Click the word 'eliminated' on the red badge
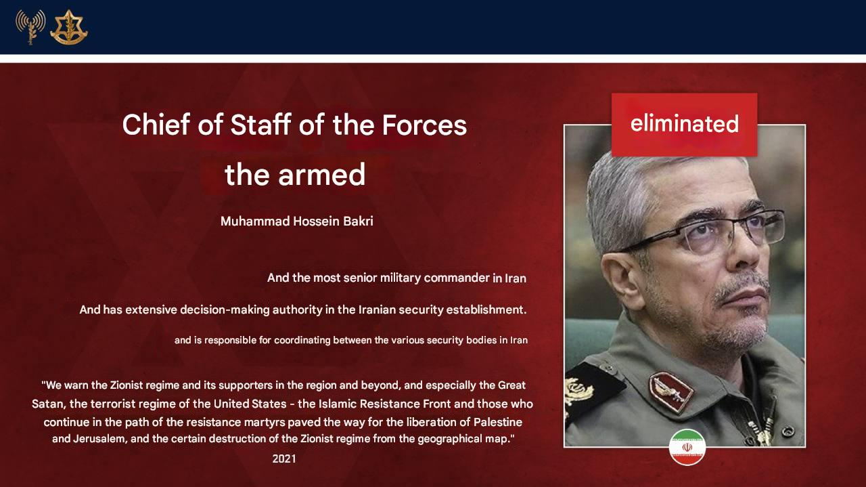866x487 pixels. [684, 124]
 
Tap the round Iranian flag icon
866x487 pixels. [687, 447]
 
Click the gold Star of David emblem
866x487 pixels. [69, 27]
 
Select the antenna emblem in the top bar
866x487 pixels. [30, 27]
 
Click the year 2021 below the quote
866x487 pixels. [284, 459]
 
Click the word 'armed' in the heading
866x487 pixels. [321, 175]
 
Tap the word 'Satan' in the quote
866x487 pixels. [45, 404]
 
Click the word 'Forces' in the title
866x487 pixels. [424, 125]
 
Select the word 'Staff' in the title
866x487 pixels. [260, 125]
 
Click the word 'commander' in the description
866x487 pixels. [457, 278]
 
